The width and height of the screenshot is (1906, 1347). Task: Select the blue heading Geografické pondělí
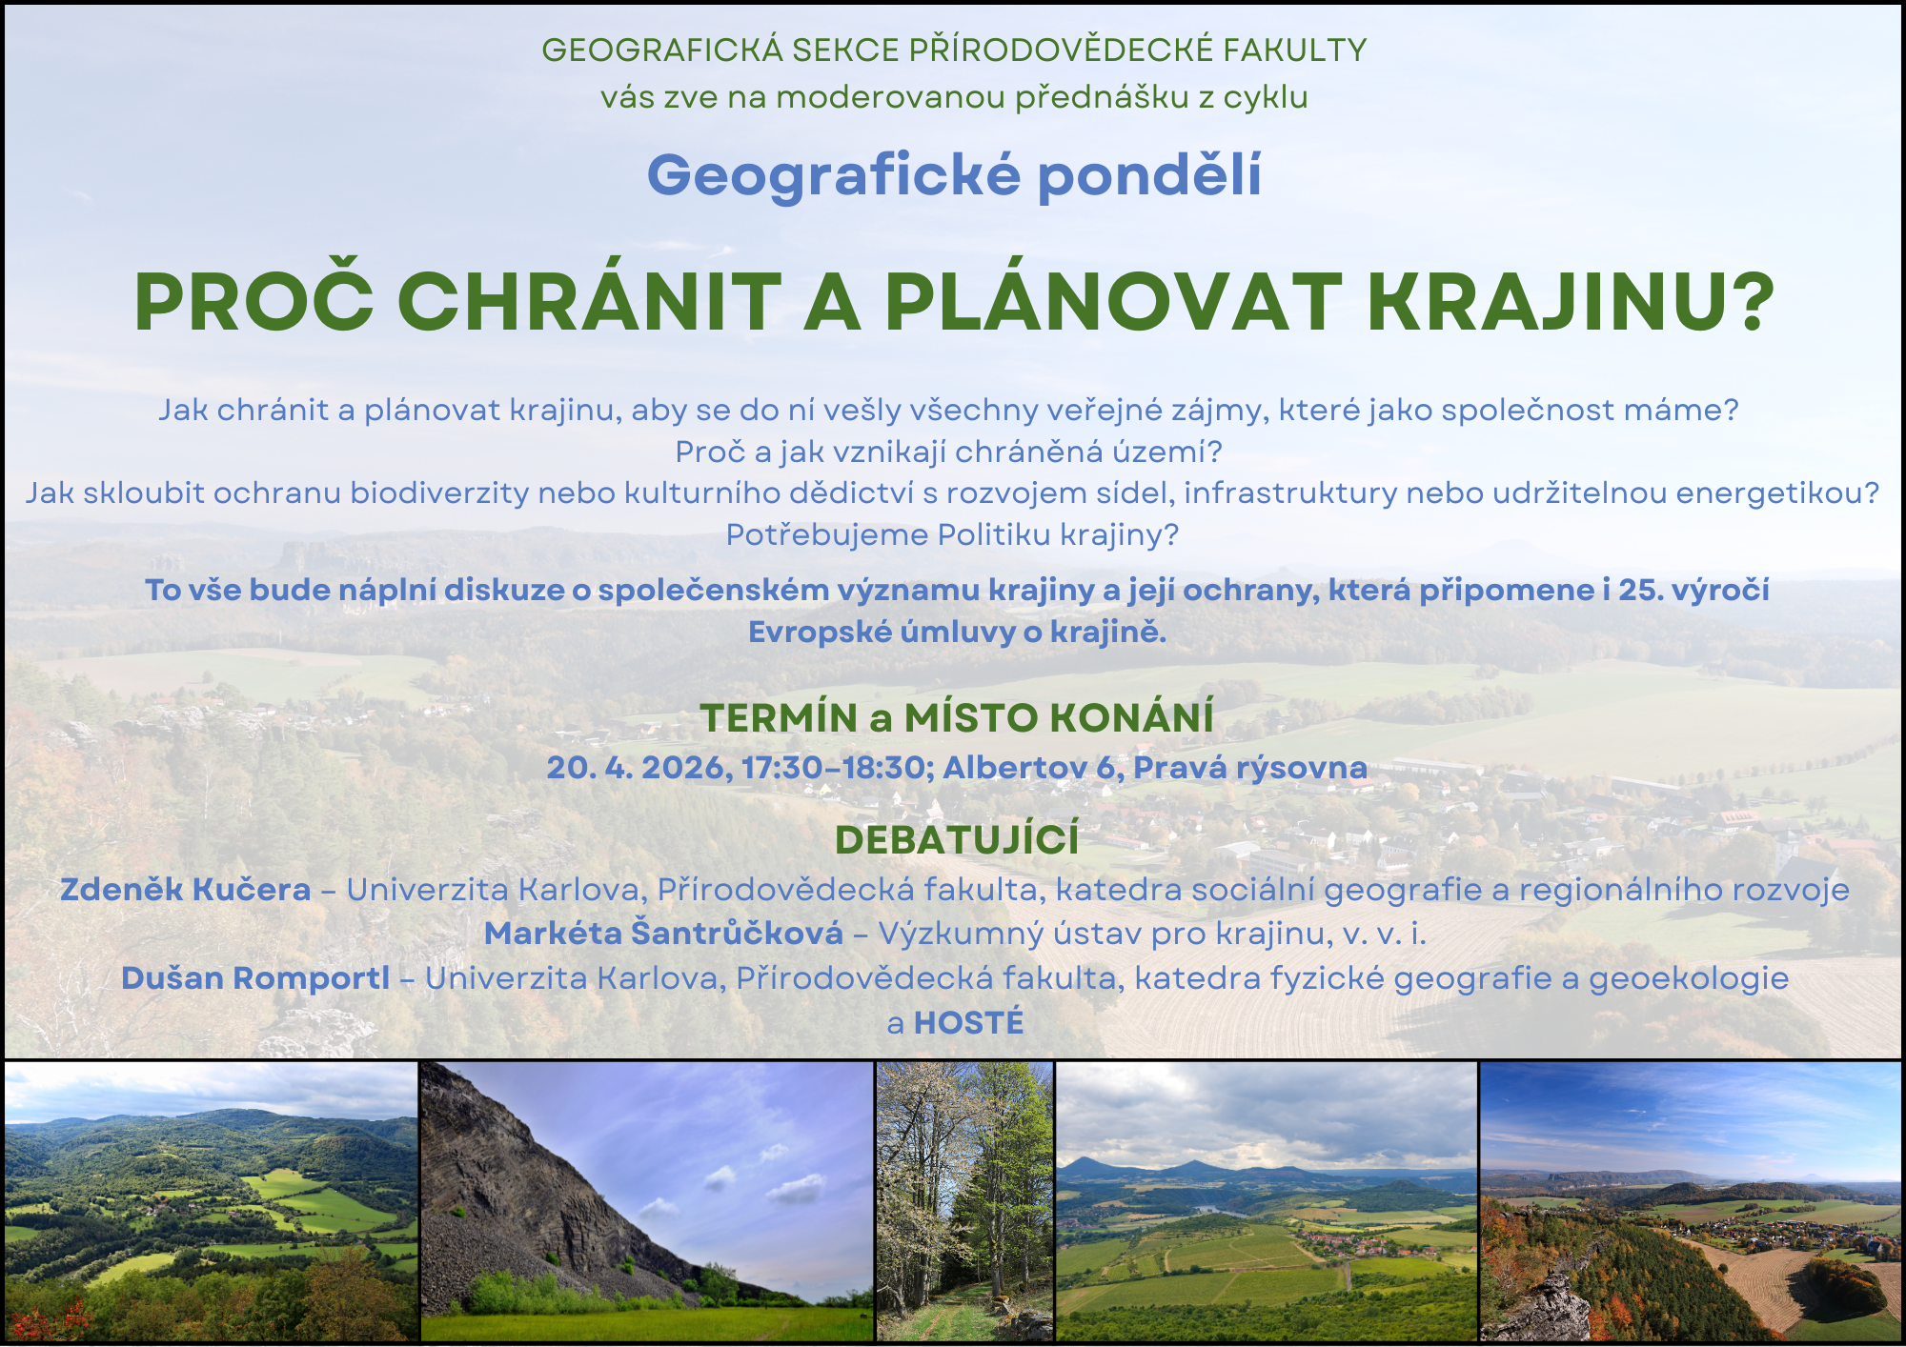point(954,176)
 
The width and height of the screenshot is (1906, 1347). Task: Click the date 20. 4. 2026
point(639,767)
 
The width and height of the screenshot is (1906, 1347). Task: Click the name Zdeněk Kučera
point(186,889)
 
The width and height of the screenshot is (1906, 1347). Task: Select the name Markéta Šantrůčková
point(663,933)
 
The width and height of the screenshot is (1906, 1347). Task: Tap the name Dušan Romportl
point(255,977)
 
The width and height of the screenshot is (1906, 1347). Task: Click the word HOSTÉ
point(968,1022)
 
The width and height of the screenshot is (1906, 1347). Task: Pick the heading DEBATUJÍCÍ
point(957,839)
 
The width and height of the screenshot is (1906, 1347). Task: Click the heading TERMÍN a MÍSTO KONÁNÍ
point(957,717)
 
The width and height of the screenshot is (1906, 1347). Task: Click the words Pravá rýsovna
point(1250,768)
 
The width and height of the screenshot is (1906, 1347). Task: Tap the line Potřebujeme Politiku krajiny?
point(952,534)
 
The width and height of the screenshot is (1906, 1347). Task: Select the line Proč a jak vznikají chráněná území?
point(949,452)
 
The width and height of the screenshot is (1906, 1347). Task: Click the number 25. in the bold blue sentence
point(1641,590)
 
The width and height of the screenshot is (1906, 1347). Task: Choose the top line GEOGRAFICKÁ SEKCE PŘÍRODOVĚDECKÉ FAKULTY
point(954,50)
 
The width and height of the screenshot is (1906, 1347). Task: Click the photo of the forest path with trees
point(964,1201)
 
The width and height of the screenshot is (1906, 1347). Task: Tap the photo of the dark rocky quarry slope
point(647,1201)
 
